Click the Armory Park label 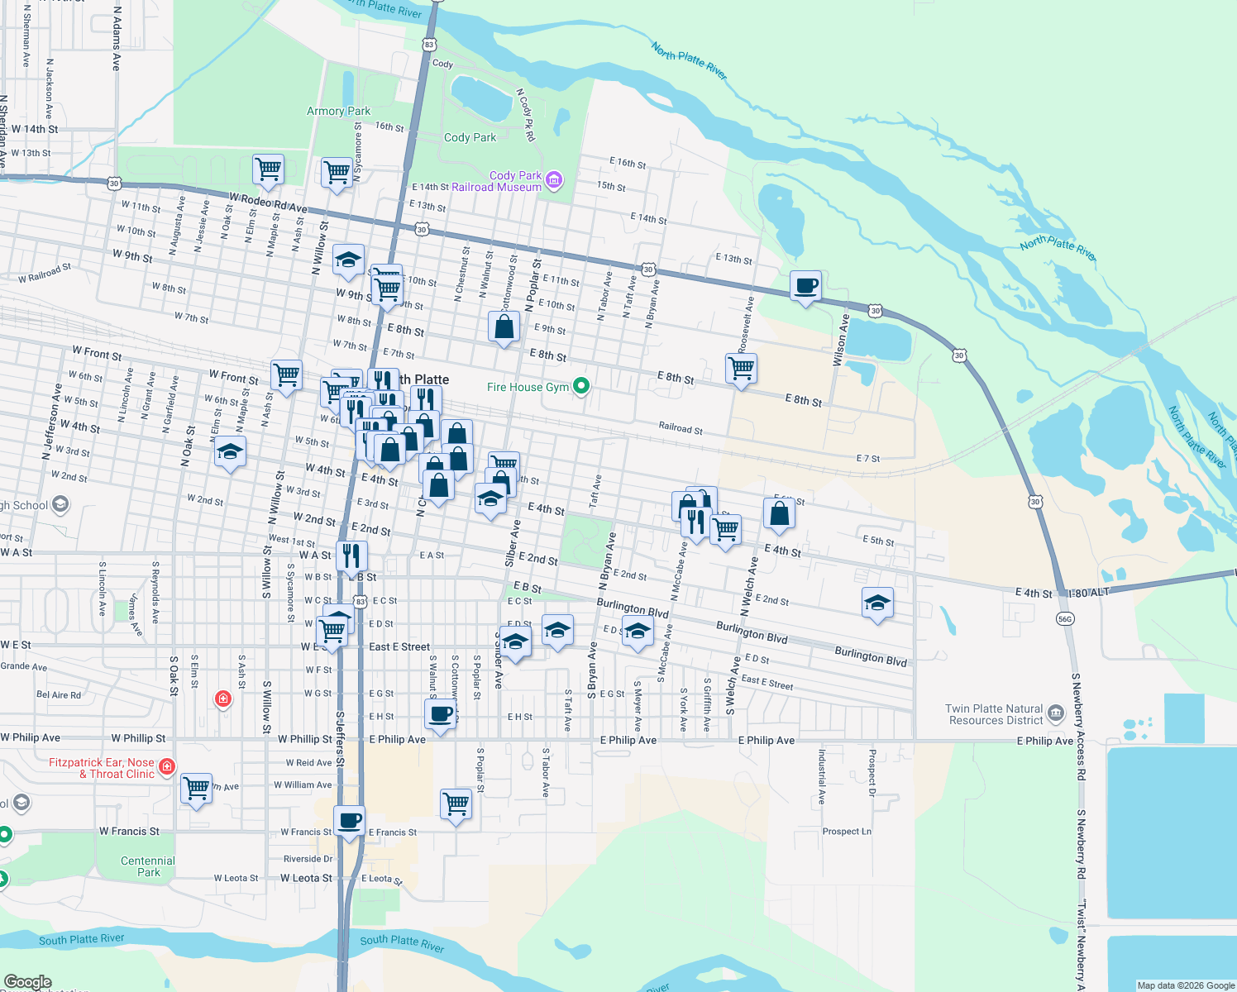pos(338,111)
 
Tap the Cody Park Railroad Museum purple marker pos(554,179)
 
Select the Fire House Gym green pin pos(581,385)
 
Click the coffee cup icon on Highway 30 pos(805,286)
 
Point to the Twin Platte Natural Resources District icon pos(1056,713)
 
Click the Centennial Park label pos(148,866)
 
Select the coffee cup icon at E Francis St pos(350,821)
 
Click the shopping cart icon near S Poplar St pos(456,803)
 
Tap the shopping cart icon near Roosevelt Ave pos(742,368)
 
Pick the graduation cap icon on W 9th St pos(348,260)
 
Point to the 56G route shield pos(1065,618)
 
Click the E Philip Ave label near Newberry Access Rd pos(1045,741)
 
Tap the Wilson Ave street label pos(841,339)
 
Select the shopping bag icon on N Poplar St pos(504,327)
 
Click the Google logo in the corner pos(27,982)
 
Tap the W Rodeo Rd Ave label pos(268,203)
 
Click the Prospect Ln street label pos(847,832)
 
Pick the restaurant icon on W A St pos(351,556)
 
